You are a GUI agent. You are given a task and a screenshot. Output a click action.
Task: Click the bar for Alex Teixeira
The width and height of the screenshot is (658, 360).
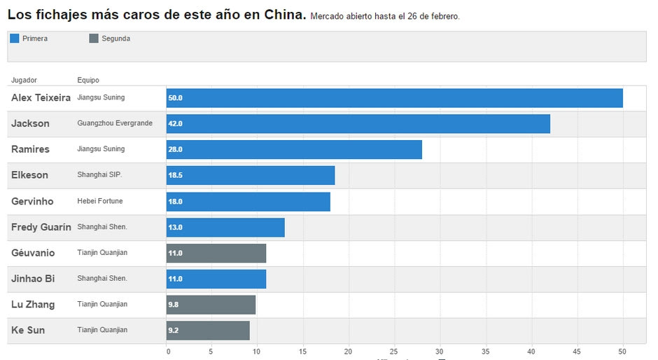point(394,98)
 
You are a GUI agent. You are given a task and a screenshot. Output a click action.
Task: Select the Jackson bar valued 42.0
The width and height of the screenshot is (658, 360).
point(358,124)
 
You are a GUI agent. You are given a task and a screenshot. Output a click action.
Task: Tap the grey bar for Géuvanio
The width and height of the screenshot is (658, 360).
point(216,253)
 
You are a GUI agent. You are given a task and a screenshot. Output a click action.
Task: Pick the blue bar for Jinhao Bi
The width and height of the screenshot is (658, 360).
point(216,279)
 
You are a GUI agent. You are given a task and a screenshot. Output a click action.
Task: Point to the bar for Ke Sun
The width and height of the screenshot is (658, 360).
point(208,331)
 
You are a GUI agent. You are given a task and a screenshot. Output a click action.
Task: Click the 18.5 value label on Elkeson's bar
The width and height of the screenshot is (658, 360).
point(176,175)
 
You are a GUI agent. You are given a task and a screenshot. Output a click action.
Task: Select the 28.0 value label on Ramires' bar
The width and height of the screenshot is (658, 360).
point(176,150)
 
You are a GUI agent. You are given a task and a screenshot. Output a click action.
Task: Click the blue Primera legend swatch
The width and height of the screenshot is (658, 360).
point(15,39)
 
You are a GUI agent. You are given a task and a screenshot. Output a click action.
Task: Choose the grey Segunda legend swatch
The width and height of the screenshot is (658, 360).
point(94,39)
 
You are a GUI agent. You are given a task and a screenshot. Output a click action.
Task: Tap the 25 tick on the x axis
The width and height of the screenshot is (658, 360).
point(395,352)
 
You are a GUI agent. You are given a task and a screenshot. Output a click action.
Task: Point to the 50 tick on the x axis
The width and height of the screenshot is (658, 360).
point(622,352)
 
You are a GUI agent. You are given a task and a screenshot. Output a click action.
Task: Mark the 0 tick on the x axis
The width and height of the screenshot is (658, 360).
point(168,352)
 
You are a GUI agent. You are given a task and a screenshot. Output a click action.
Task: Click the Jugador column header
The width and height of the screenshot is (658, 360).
point(24,80)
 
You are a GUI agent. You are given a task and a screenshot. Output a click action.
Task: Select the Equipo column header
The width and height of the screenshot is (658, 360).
point(88,80)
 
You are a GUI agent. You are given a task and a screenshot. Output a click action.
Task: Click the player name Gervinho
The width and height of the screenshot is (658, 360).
point(32,202)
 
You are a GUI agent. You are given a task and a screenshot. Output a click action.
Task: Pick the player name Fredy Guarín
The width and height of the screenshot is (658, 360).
point(41,227)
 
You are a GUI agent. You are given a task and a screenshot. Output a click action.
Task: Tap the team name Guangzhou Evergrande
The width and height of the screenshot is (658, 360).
point(115,123)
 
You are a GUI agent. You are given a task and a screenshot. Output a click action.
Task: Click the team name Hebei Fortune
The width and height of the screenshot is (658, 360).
point(100,201)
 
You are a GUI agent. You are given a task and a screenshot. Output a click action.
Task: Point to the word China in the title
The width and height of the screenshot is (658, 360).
point(283,15)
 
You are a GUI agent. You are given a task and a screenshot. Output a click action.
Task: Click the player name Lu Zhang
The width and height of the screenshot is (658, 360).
point(33,305)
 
